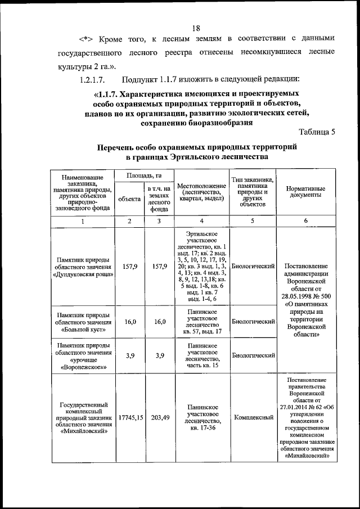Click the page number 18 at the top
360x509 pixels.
click(x=196, y=28)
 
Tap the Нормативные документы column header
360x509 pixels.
click(x=305, y=191)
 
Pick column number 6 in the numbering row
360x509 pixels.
click(x=305, y=221)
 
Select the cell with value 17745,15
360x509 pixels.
click(x=130, y=418)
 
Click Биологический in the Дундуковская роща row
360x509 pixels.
click(x=254, y=266)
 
